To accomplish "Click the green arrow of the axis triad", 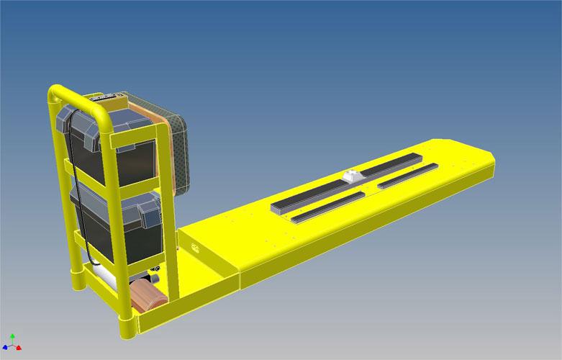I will point(12,336).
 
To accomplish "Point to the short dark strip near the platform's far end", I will point(407,175).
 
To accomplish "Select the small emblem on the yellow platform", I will point(194,248).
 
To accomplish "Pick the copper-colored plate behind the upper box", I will point(164,144).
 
